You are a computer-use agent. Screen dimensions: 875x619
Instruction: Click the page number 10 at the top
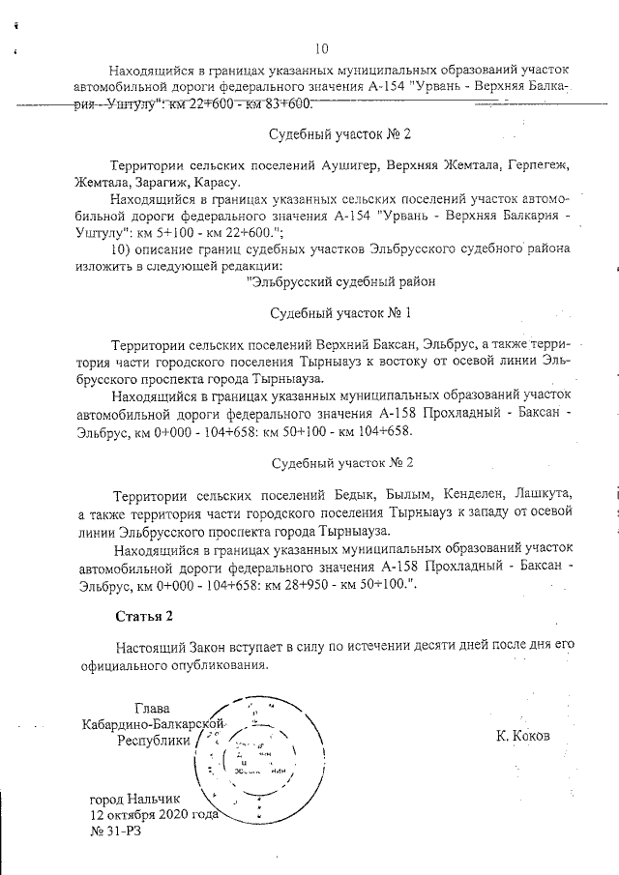(322, 49)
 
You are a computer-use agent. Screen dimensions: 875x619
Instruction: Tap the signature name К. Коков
(522, 736)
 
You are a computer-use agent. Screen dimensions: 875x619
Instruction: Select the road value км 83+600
(282, 103)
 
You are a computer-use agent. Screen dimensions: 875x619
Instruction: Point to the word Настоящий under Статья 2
(151, 646)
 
